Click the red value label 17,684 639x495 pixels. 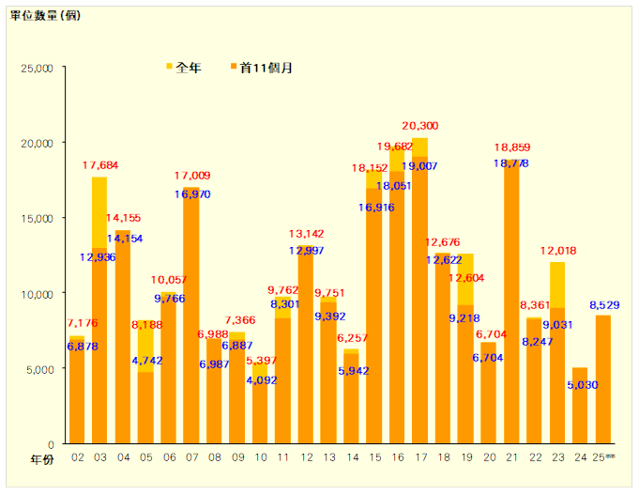(100, 166)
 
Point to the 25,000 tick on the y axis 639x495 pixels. (39, 68)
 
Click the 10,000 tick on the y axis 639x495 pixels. (39, 293)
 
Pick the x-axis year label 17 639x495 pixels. (420, 458)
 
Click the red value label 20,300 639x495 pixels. (420, 126)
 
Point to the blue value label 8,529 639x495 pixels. (605, 306)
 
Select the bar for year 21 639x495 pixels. (511, 310)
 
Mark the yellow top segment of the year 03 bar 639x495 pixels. (99, 211)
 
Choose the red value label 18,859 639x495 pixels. (511, 147)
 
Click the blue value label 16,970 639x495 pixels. (191, 194)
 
